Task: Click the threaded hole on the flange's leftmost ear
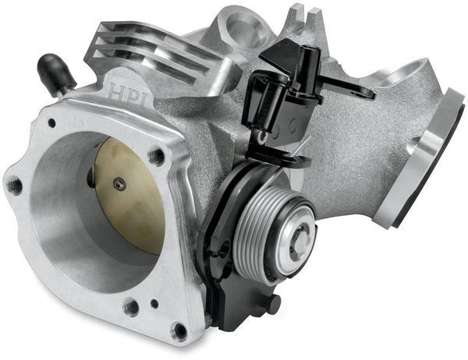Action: tap(13, 186)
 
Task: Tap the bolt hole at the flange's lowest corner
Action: tap(179, 330)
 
